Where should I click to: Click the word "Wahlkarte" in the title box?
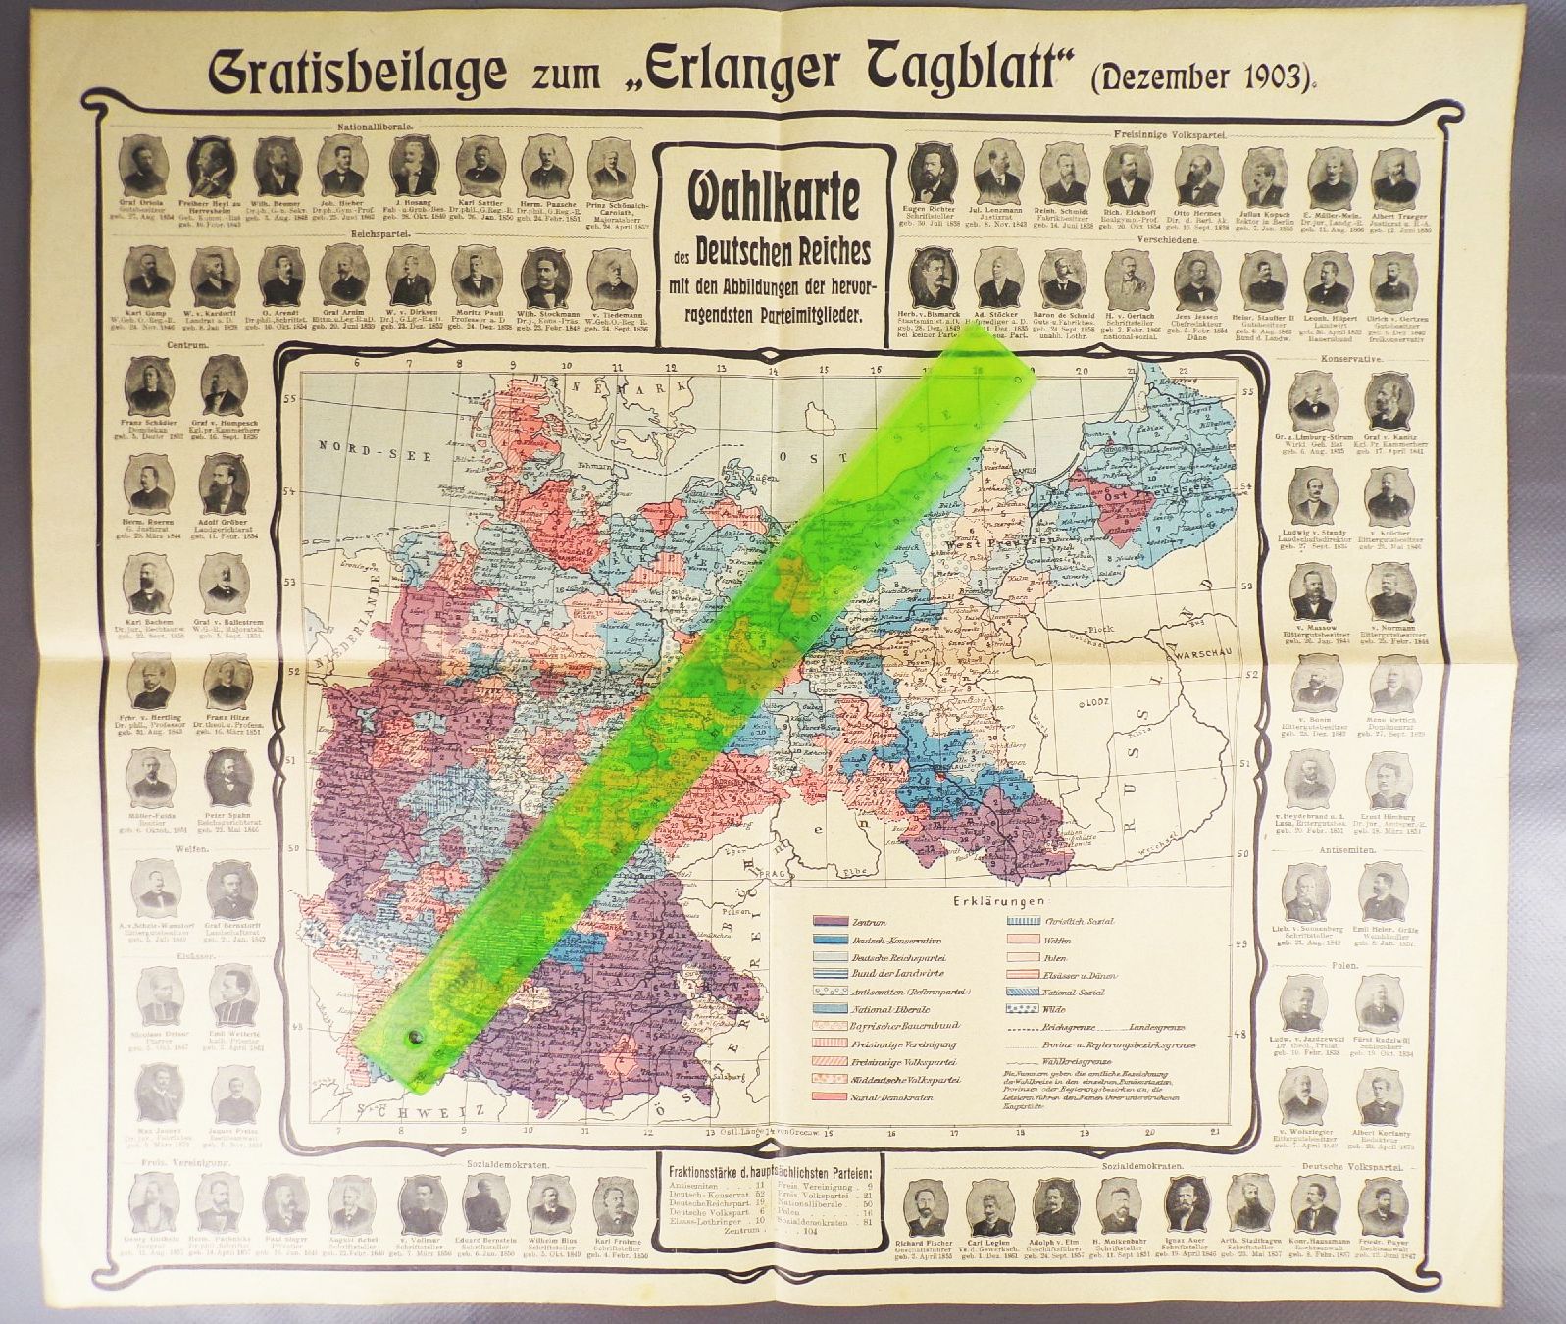[761, 197]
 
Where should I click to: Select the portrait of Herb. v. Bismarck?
[933, 273]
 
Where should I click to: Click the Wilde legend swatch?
[1028, 1008]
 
